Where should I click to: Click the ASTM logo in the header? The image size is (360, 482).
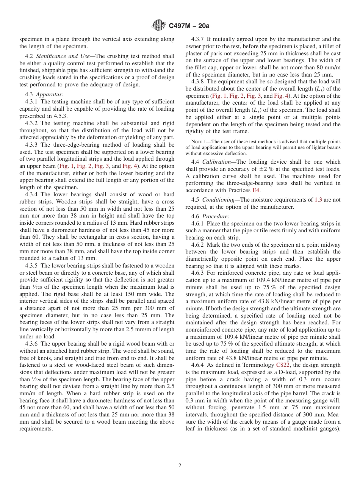tap(158, 25)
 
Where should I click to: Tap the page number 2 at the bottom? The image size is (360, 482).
tap(180, 466)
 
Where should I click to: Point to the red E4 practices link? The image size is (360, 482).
tap(256, 191)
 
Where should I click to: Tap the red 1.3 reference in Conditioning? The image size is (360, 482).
tap(318, 200)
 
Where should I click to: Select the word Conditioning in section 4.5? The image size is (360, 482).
tap(219, 200)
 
